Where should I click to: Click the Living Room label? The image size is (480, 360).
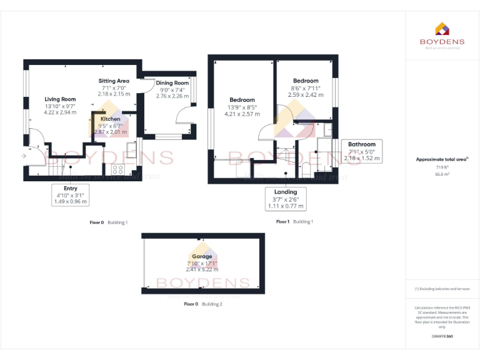pos(60,99)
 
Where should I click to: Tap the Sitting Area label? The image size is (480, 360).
pos(114,81)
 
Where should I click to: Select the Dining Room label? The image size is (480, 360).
pos(172,82)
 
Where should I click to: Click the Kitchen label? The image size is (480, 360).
pos(111,119)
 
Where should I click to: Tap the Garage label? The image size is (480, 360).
pos(202,256)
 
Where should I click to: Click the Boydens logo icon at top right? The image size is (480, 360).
pos(442,29)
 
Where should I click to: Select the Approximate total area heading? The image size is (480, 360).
pos(441,159)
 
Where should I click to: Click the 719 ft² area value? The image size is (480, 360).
pos(442,167)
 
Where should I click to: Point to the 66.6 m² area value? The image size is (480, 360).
pos(442,175)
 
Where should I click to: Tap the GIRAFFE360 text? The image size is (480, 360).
pos(442,336)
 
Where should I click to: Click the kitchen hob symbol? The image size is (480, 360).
pos(117,169)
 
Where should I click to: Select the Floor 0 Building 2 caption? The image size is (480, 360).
pos(202,304)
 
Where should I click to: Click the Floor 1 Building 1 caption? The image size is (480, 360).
pos(294,222)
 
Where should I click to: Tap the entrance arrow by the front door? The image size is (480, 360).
pos(23,154)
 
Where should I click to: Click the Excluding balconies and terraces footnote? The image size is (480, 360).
pos(442,289)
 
